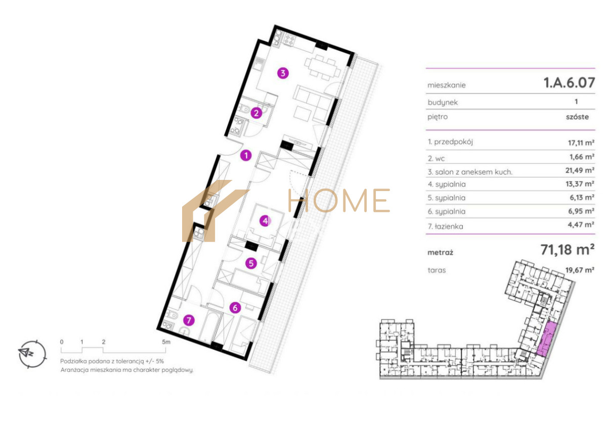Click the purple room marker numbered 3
283,73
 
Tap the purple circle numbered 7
189,320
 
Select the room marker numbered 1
246,155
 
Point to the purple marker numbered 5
251,263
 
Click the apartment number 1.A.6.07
569,82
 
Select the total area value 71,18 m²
568,250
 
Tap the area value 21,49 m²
580,170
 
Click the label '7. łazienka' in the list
446,226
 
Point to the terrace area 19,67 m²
580,270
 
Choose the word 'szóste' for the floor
577,117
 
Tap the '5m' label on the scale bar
166,342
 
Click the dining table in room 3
322,68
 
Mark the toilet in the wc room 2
244,109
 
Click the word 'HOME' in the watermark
339,200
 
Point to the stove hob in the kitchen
288,40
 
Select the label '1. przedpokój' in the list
450,142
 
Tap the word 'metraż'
440,253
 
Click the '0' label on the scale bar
62,342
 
